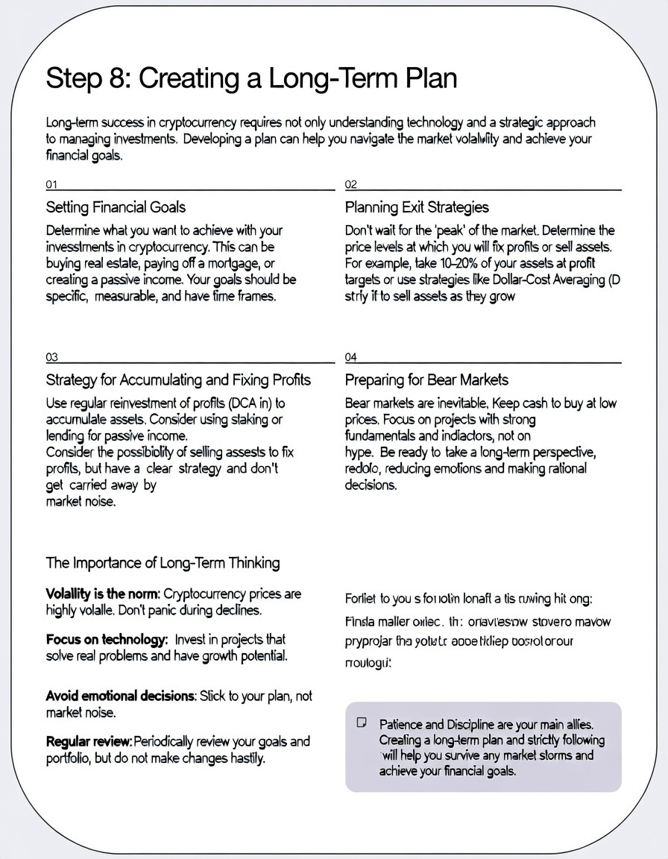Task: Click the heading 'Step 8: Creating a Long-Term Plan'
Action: coord(251,78)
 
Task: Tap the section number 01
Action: coord(51,184)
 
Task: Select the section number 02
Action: coord(351,184)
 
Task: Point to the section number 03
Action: coord(51,357)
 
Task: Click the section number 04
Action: coord(351,357)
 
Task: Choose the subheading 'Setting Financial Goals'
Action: coord(116,207)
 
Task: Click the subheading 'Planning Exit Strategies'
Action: coord(417,207)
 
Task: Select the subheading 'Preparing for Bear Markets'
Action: coord(426,380)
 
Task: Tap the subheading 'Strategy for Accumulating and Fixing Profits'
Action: coord(178,380)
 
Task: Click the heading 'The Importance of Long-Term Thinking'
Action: coord(163,562)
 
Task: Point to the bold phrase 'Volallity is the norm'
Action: coord(102,594)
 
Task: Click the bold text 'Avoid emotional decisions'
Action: coord(121,696)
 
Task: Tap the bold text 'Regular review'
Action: coord(89,741)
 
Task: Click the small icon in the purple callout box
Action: coord(362,723)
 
